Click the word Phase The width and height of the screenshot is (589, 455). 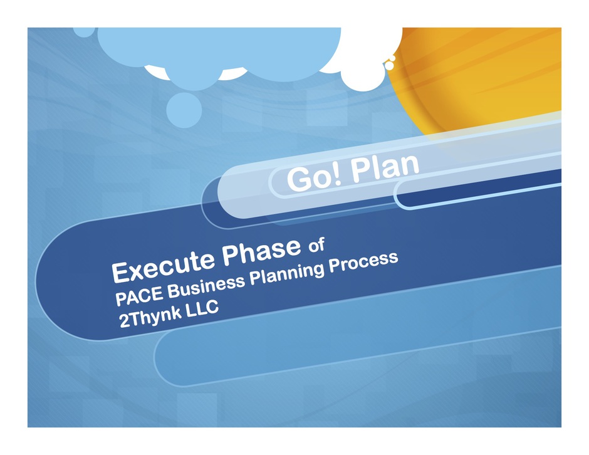(x=261, y=250)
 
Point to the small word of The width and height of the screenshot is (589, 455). (x=316, y=245)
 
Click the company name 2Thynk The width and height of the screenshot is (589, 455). (x=150, y=316)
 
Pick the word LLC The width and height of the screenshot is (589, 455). (x=201, y=308)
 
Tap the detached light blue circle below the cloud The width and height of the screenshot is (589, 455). (x=184, y=110)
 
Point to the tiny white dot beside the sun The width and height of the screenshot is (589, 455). (x=390, y=65)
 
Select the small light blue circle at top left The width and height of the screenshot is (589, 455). (x=85, y=31)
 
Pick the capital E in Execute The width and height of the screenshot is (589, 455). (x=120, y=272)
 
